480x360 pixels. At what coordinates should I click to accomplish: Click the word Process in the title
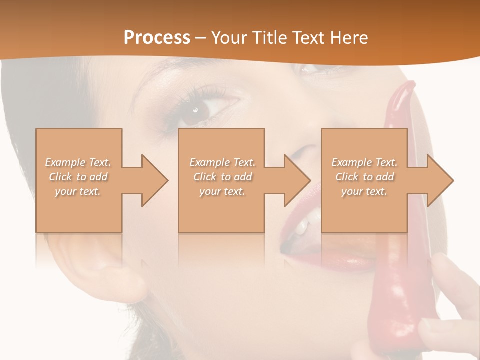click(x=157, y=38)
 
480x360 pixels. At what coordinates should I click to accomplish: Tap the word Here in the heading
click(x=349, y=38)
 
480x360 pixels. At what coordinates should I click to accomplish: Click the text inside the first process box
click(x=78, y=177)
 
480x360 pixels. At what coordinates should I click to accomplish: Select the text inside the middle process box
click(x=222, y=177)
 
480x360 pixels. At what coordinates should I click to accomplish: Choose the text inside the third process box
click(x=364, y=177)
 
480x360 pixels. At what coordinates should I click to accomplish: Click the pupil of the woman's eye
click(x=195, y=110)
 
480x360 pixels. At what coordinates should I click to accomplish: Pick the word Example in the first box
click(x=65, y=162)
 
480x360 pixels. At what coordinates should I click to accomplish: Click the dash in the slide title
click(x=201, y=38)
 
